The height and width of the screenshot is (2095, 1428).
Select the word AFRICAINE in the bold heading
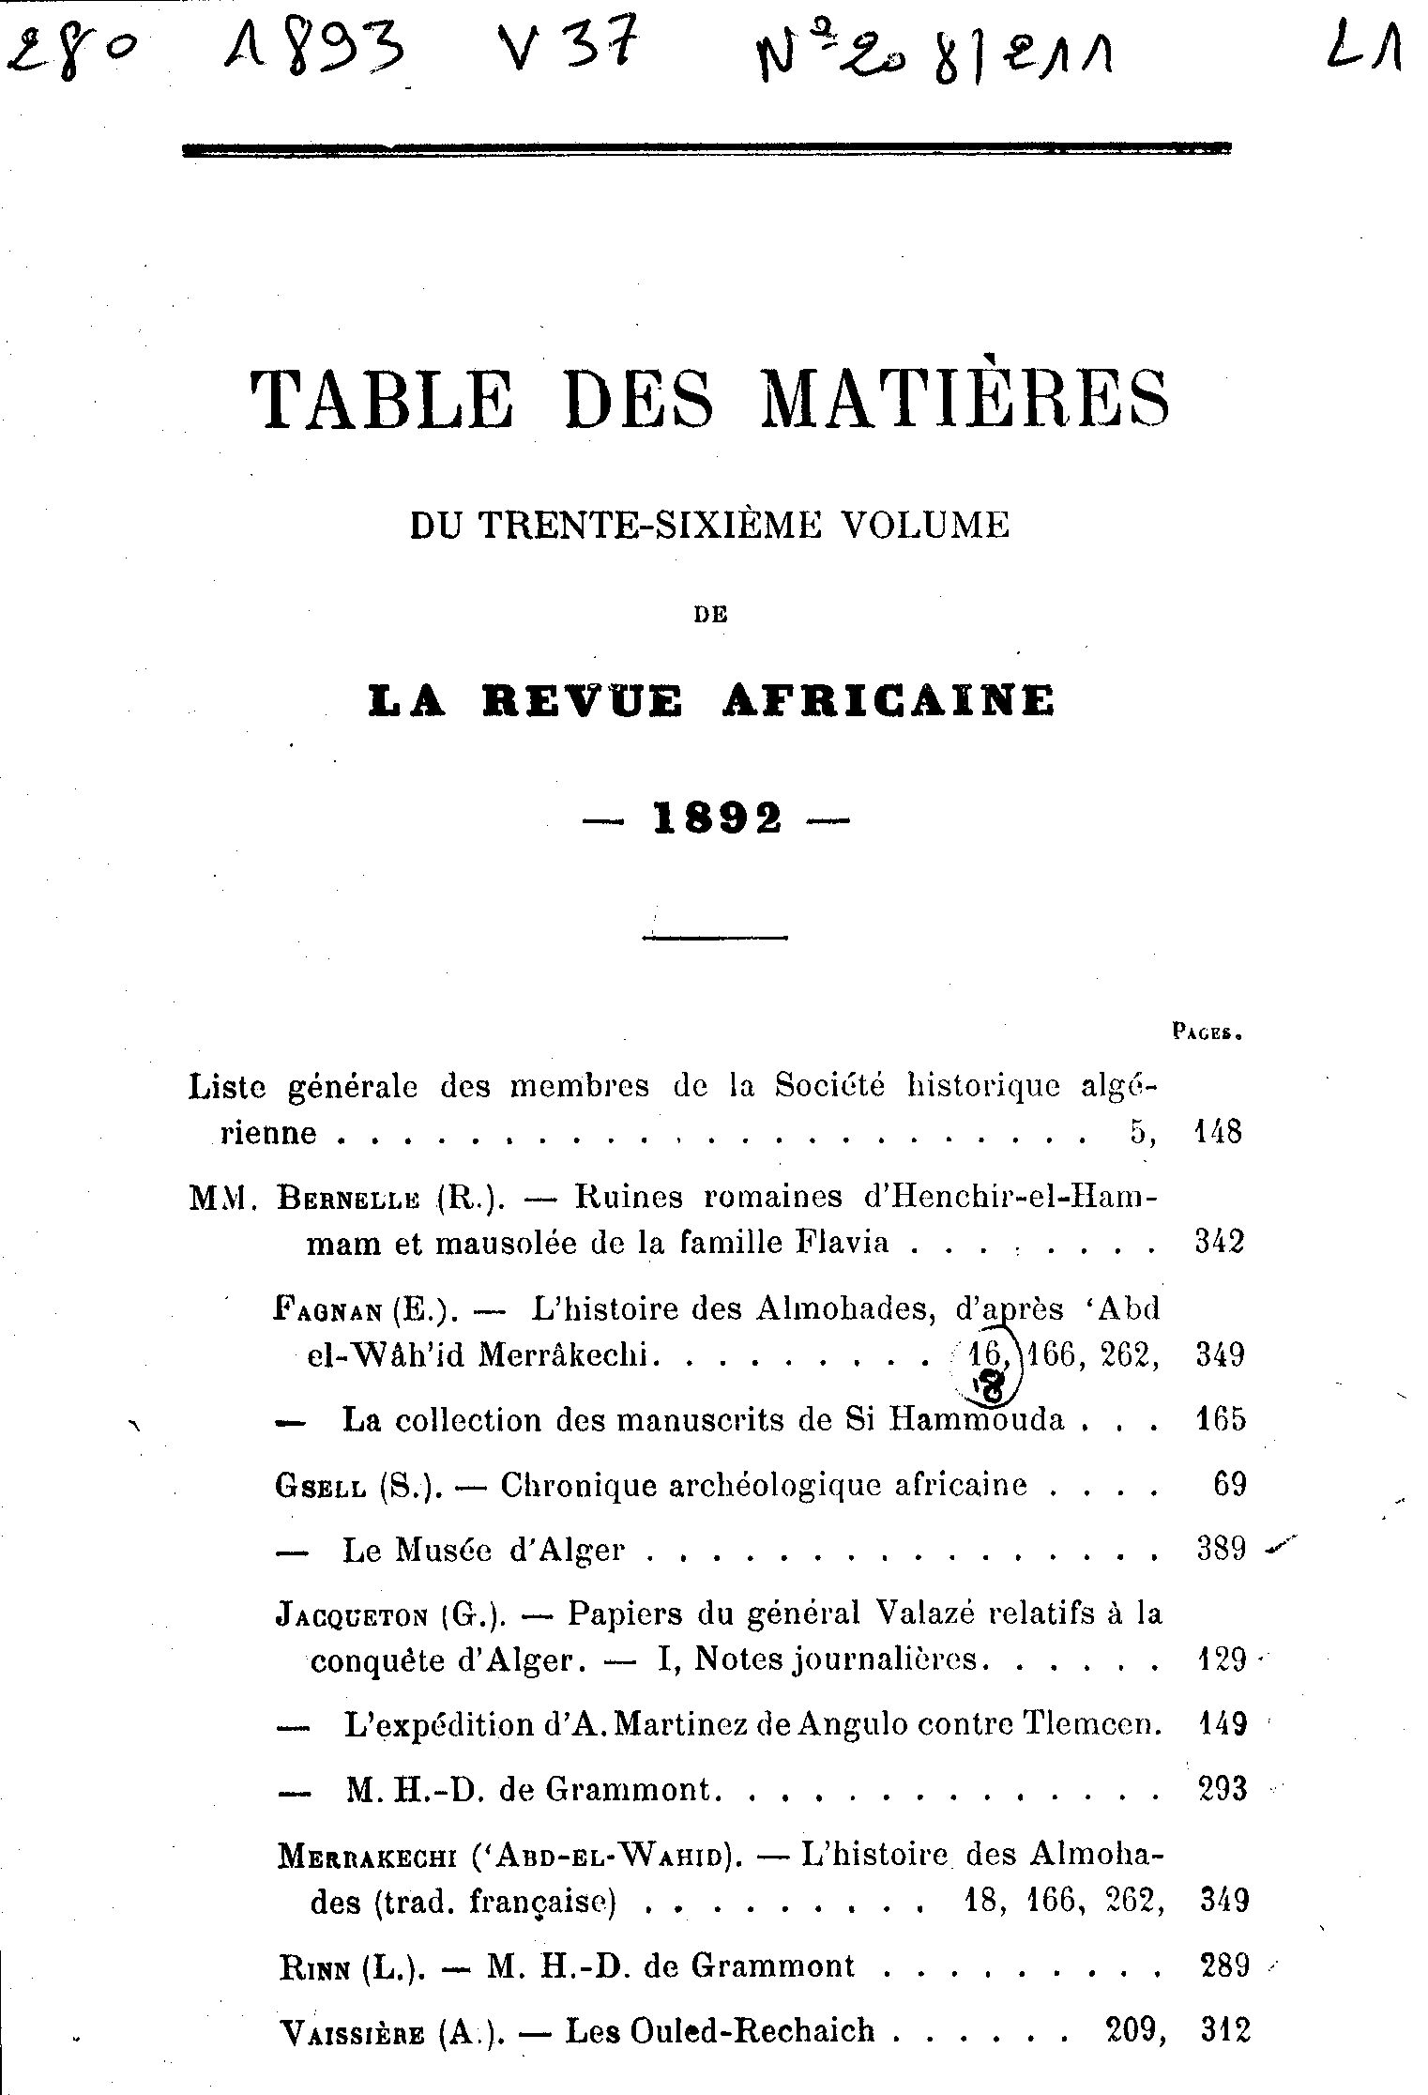point(888,702)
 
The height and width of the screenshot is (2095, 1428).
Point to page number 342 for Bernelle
point(1220,1243)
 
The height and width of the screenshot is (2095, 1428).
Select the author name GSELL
point(319,1487)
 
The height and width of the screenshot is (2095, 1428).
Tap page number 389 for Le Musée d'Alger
point(1221,1550)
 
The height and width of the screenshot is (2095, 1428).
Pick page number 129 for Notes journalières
point(1223,1660)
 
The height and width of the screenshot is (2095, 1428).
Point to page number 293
point(1223,1790)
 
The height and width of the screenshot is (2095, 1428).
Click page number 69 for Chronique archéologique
point(1230,1486)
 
